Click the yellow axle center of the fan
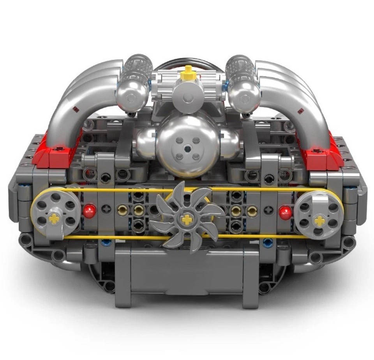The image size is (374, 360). [x=187, y=220]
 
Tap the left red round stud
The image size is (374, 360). [x=88, y=211]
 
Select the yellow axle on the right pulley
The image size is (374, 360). [x=320, y=221]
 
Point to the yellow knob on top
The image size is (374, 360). [x=189, y=70]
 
